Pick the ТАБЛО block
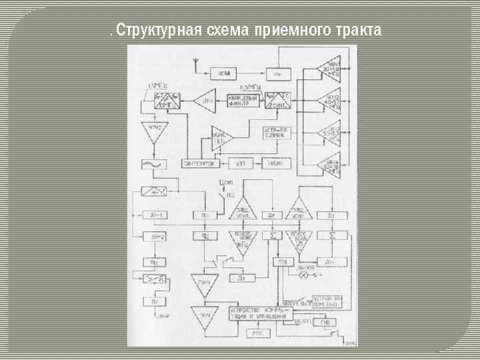coord(275,163)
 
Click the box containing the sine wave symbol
coord(153,164)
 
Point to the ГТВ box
coord(283,261)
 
